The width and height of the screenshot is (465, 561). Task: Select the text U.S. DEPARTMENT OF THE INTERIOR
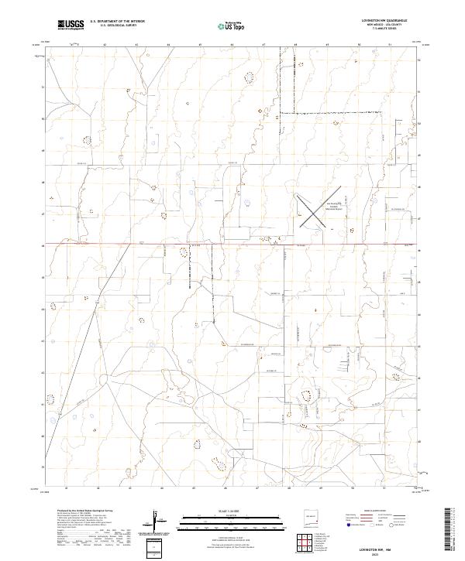point(117,22)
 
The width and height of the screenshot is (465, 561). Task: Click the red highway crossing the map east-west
point(232,245)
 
